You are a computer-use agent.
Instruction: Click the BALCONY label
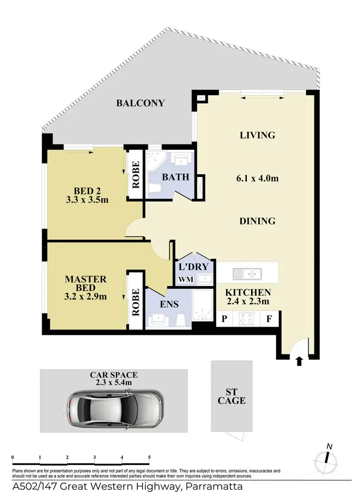coord(141,103)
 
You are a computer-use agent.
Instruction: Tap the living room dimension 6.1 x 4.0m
coord(257,179)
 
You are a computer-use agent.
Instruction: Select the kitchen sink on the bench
coord(248,274)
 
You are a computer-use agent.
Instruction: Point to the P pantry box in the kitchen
coord(224,318)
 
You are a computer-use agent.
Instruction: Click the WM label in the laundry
coord(185,280)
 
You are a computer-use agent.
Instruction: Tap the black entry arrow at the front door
coord(300,361)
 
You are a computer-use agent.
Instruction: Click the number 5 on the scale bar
coord(150,457)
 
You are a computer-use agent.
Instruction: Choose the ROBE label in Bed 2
coord(135,175)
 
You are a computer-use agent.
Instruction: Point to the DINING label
coord(258,221)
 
